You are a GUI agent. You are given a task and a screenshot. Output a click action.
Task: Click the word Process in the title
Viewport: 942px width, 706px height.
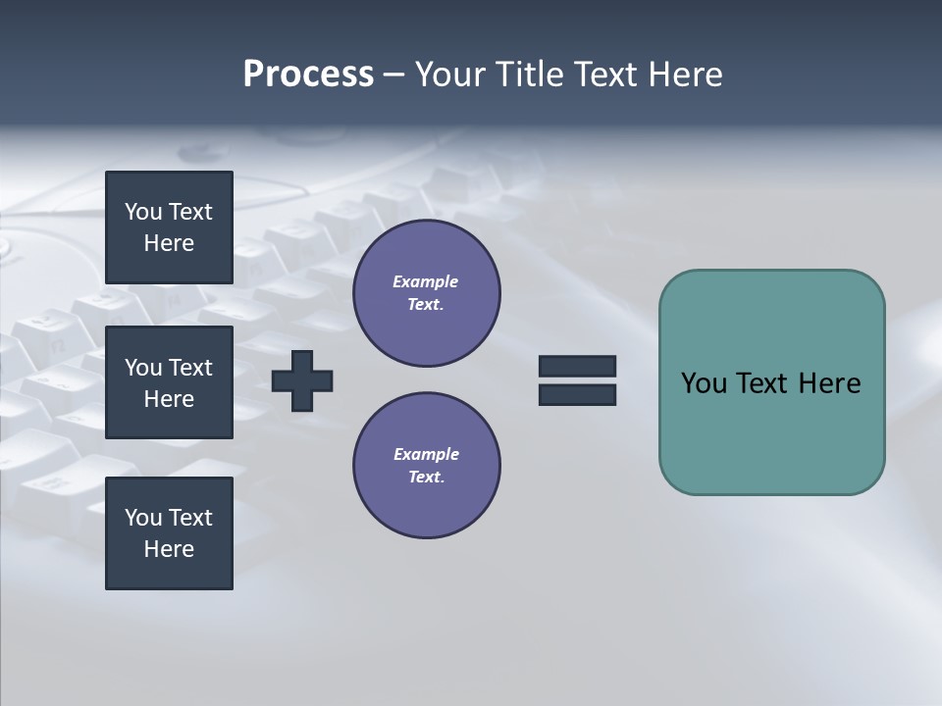[308, 75]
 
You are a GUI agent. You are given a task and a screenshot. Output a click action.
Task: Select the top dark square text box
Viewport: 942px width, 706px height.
[169, 227]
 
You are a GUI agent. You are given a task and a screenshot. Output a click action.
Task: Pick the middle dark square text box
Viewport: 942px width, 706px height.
[169, 382]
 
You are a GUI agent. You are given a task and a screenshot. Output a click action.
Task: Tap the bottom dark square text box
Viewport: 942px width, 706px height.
[169, 533]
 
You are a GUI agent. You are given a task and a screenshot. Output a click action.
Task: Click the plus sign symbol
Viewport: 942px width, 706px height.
[302, 380]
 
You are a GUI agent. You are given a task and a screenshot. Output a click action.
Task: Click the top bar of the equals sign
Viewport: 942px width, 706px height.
[577, 366]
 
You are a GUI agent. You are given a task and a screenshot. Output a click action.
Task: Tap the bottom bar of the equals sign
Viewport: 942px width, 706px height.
[577, 394]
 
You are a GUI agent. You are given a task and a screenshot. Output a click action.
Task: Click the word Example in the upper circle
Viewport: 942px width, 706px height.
[425, 281]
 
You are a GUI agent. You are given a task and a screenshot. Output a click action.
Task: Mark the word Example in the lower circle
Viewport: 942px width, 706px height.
[426, 454]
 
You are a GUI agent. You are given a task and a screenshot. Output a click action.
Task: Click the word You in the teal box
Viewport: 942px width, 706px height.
[704, 383]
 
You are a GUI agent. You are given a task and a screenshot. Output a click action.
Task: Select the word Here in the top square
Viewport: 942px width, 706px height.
[169, 243]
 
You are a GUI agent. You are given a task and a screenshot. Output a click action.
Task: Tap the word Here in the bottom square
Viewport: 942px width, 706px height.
[169, 549]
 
